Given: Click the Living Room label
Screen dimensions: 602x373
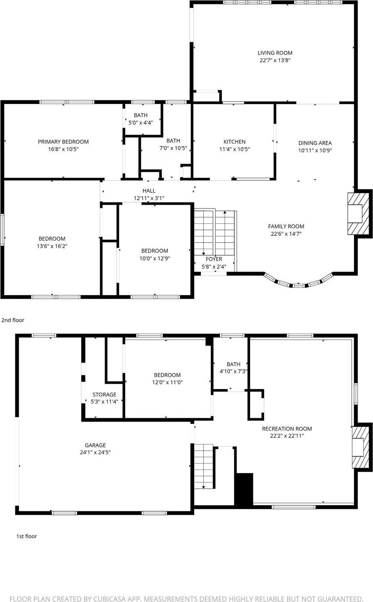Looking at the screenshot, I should [275, 53].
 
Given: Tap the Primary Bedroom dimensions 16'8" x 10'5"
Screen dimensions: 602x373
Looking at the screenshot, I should [63, 149].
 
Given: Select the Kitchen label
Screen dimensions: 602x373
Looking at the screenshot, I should [235, 142].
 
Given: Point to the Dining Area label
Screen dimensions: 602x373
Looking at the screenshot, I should [315, 143].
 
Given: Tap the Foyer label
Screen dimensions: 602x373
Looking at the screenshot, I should [214, 259].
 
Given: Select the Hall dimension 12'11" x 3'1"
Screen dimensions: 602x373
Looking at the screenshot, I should [149, 198].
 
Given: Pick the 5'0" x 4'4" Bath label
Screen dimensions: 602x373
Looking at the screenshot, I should [140, 115].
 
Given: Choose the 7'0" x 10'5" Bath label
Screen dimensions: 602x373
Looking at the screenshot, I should [173, 141].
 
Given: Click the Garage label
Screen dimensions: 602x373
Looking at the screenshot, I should [95, 445].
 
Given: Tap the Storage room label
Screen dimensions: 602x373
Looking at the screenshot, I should [104, 394].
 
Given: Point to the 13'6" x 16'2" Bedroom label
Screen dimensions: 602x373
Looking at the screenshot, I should [52, 239].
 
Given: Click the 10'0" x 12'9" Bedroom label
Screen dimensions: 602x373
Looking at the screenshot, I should [155, 251].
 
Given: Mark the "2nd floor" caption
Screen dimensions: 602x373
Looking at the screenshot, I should [13, 320].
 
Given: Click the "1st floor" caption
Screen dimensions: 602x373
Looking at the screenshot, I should [27, 536].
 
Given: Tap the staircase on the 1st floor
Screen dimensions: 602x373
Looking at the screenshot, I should [203, 466].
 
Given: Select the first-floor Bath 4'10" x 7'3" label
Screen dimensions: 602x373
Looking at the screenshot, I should [233, 364].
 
